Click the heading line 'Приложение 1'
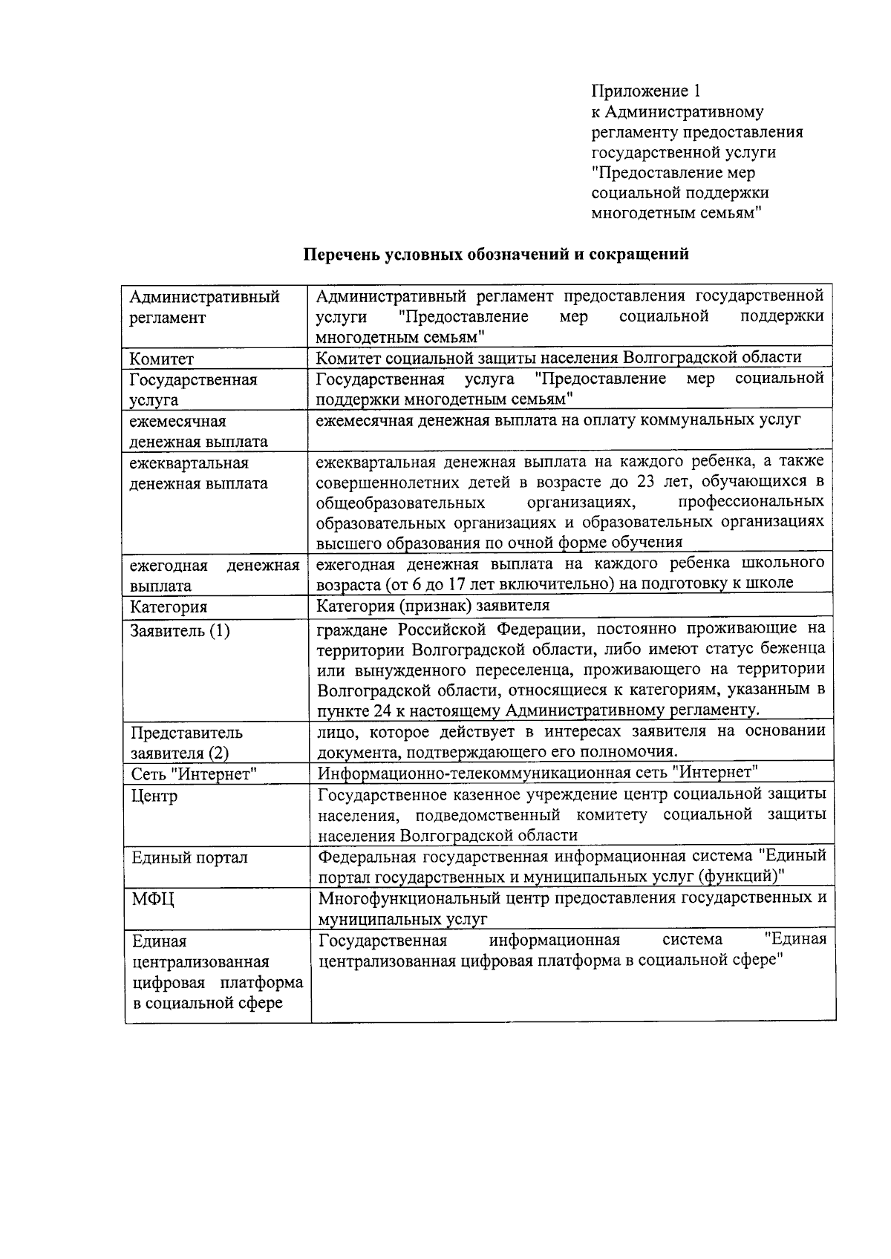point(645,91)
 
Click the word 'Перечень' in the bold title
point(342,255)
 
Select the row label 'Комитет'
point(162,359)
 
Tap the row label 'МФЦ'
point(153,900)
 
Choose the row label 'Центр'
point(154,797)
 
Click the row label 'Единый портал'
point(189,858)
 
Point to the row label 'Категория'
point(169,607)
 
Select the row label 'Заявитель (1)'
point(180,631)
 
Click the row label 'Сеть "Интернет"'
point(194,774)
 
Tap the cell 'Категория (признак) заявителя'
point(433,606)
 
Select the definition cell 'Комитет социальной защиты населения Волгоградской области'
point(558,358)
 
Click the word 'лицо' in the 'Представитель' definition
point(333,732)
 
